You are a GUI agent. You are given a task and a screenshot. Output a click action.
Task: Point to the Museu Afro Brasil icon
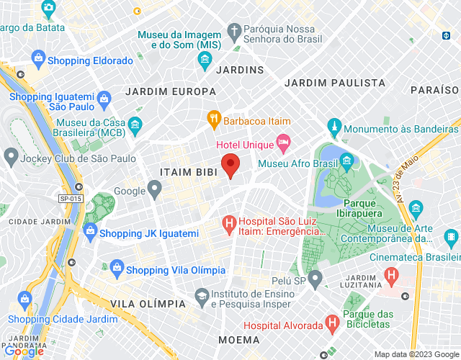pos(346,159)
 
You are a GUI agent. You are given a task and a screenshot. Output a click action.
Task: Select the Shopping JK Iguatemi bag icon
pos(90,231)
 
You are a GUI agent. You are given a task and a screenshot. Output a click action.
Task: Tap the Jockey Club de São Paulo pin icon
pos(11,156)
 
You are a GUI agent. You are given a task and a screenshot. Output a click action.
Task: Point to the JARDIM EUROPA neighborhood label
pos(170,91)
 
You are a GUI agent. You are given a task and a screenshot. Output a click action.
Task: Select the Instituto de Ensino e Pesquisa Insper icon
pos(202,295)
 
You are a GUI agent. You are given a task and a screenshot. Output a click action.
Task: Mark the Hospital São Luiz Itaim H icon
pos(229,225)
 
